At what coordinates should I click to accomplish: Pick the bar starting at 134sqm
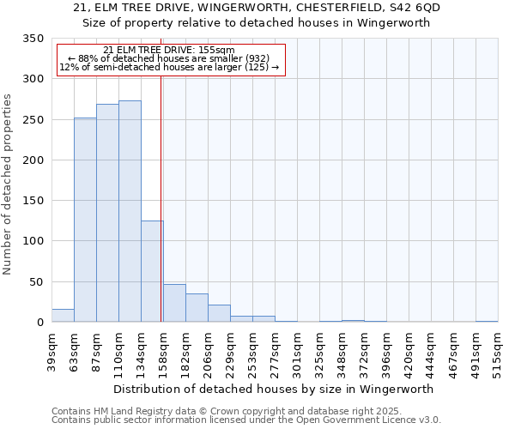152,271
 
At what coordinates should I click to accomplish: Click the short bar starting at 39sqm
63,316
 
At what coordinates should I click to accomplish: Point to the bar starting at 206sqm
219,313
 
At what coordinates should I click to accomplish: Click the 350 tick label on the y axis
33,39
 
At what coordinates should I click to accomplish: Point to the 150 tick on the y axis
33,201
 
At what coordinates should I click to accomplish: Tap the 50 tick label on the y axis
36,282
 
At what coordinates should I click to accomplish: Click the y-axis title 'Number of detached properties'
8,184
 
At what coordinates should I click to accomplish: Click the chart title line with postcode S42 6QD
257,8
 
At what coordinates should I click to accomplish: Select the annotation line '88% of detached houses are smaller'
168,58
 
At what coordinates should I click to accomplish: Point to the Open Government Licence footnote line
246,420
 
